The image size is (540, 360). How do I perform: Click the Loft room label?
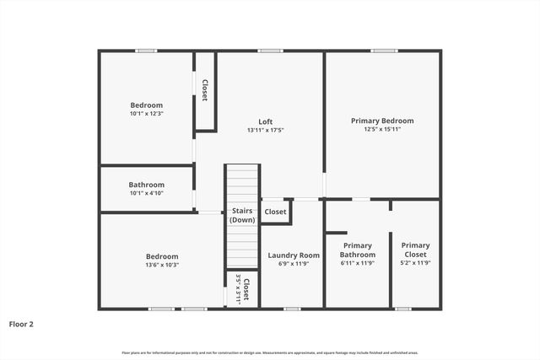click(x=265, y=121)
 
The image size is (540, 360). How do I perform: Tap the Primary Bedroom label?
click(x=382, y=121)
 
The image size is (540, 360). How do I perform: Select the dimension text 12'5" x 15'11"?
click(x=382, y=130)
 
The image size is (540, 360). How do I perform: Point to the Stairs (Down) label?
click(x=242, y=215)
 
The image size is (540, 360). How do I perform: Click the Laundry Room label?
click(x=294, y=255)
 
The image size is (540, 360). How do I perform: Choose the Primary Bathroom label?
click(x=357, y=250)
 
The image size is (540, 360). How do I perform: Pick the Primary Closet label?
click(x=415, y=250)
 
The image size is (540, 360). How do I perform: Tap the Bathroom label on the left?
click(x=147, y=185)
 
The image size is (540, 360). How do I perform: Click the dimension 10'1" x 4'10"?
click(x=147, y=194)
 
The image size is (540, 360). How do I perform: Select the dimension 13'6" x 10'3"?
click(x=161, y=265)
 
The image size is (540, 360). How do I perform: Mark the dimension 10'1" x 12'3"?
click(x=147, y=114)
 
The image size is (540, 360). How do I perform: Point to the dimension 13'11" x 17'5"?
click(x=265, y=130)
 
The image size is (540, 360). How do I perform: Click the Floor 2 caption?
click(x=21, y=323)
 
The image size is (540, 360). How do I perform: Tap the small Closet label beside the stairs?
click(x=275, y=212)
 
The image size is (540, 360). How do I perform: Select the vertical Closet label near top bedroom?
click(x=205, y=91)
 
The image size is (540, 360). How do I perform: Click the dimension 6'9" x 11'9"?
click(x=294, y=264)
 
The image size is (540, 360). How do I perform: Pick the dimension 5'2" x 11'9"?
click(x=415, y=263)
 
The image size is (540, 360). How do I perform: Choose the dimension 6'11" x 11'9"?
click(x=357, y=263)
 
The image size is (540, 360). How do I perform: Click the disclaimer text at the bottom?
click(x=270, y=352)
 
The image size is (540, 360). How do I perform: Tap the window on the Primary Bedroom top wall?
click(x=384, y=51)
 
